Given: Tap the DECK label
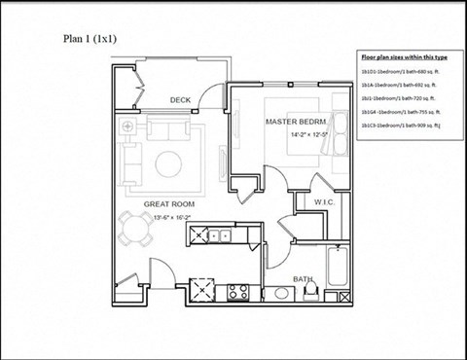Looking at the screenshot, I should click(x=180, y=99).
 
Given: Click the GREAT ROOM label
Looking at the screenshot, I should click(x=169, y=203).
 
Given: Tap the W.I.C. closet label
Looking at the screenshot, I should click(x=324, y=202).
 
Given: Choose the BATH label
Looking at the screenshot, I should click(x=303, y=279).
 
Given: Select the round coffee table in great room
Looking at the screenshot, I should click(x=173, y=162).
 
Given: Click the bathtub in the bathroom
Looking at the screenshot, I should click(x=337, y=270).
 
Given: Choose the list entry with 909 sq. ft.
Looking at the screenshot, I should click(x=401, y=126).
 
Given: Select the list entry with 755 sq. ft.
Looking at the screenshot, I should click(x=400, y=113).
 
